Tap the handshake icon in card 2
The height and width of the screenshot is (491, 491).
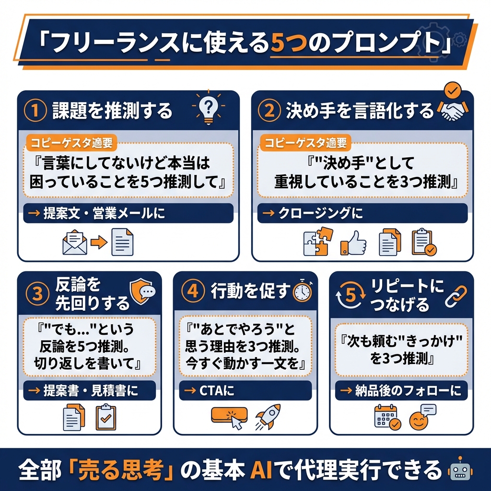pos(454,111)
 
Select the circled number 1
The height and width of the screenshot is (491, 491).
pos(35,110)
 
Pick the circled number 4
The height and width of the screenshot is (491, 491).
pos(193,291)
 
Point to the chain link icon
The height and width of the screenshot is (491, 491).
pos(456,296)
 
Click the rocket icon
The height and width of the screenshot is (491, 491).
pos(268,417)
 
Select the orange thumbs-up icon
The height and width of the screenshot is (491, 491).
pos(353,243)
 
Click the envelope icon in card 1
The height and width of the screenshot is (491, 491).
pos(75,242)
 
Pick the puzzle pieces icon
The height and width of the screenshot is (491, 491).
pos(318,242)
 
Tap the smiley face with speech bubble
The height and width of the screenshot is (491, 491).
pos(422,417)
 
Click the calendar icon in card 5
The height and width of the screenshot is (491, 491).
pos(387,417)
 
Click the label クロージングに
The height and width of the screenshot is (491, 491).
pos(320,213)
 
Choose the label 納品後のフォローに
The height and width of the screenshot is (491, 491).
pos(408,390)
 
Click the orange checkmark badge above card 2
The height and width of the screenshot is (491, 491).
pos(453,91)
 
